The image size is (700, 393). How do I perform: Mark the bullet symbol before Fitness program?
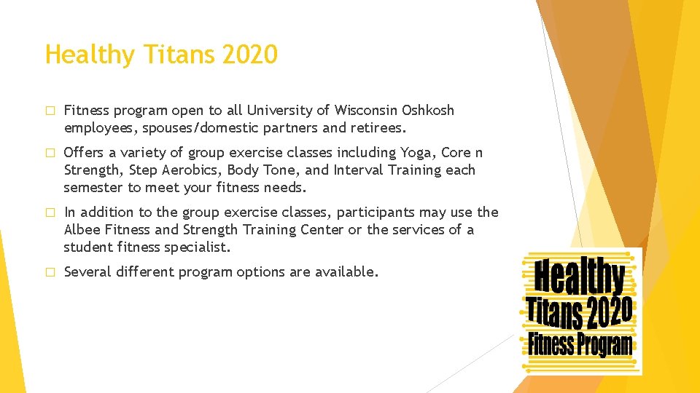[50, 111]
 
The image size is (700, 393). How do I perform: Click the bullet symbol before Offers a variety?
[50, 154]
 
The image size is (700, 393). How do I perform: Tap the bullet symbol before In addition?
[50, 213]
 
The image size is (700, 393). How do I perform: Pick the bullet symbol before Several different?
[50, 273]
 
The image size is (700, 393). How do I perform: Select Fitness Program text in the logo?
[580, 344]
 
